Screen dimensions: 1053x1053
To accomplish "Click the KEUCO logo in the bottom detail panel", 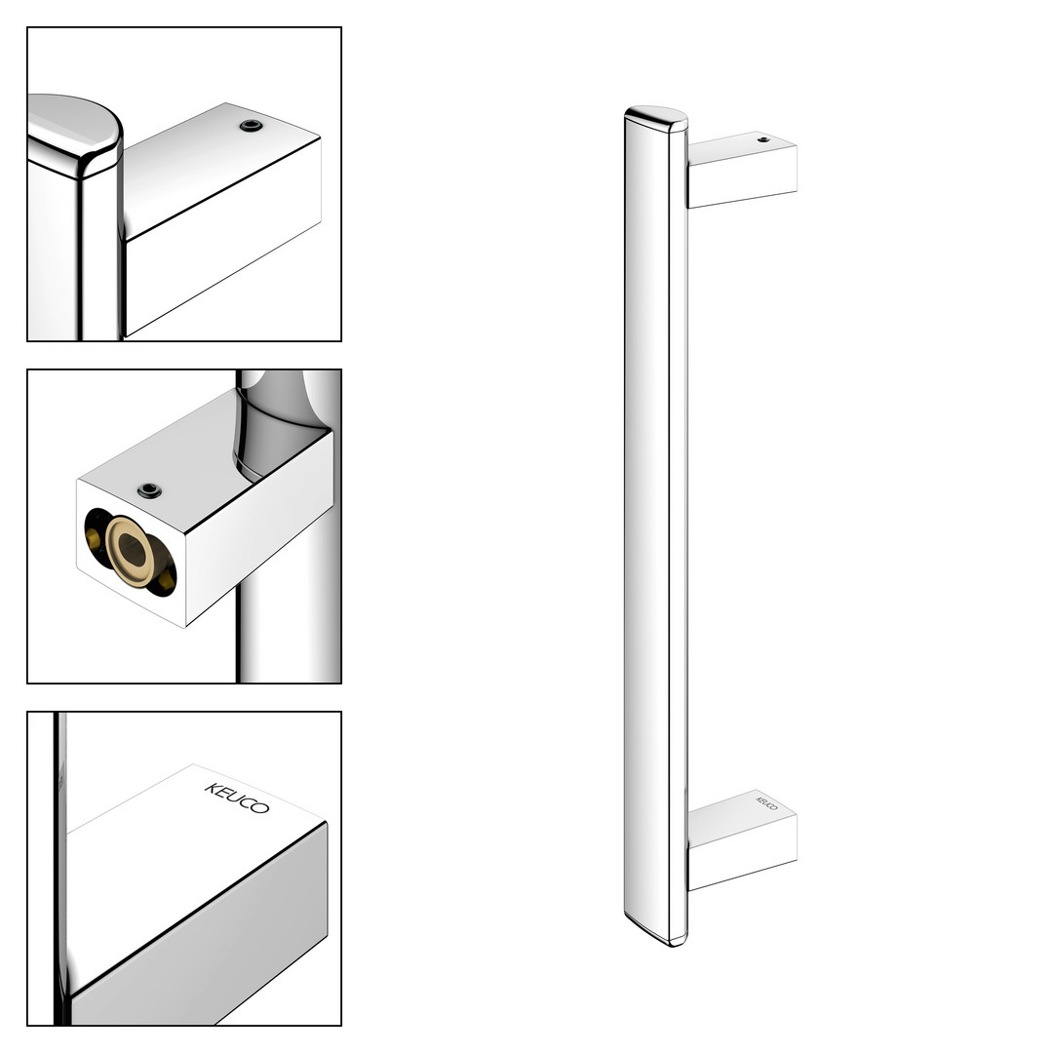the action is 237,798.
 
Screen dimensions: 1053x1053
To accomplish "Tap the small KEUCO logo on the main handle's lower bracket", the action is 767,803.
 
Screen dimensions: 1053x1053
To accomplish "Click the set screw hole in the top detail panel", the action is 252,126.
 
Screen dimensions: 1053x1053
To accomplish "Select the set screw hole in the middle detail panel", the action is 149,490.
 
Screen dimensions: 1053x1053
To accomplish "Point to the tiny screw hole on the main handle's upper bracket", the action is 762,139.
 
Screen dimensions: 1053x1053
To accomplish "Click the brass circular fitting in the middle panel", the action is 131,551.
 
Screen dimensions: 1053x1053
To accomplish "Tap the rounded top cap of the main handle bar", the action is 656,118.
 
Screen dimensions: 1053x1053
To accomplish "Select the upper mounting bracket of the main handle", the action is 741,170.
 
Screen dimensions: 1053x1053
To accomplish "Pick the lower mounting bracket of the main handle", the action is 741,839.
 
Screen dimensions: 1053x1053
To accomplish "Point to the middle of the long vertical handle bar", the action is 656,526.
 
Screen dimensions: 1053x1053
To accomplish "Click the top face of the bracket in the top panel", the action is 221,168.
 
